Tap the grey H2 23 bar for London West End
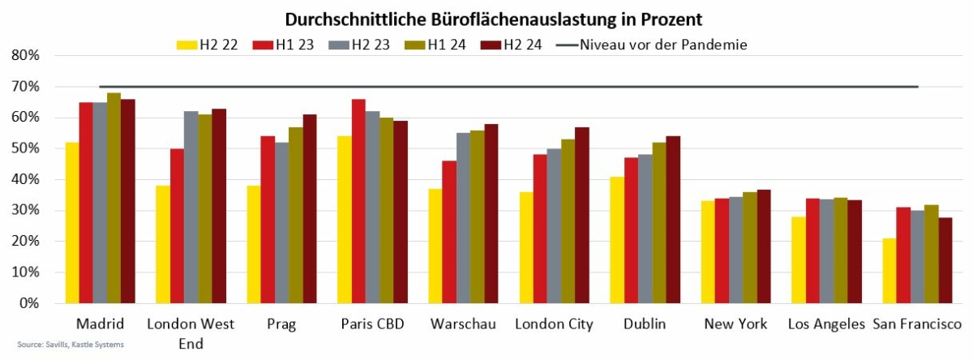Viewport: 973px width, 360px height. [191, 208]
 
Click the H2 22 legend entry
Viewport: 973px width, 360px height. [208, 45]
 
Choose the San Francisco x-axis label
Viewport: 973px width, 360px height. [915, 324]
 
